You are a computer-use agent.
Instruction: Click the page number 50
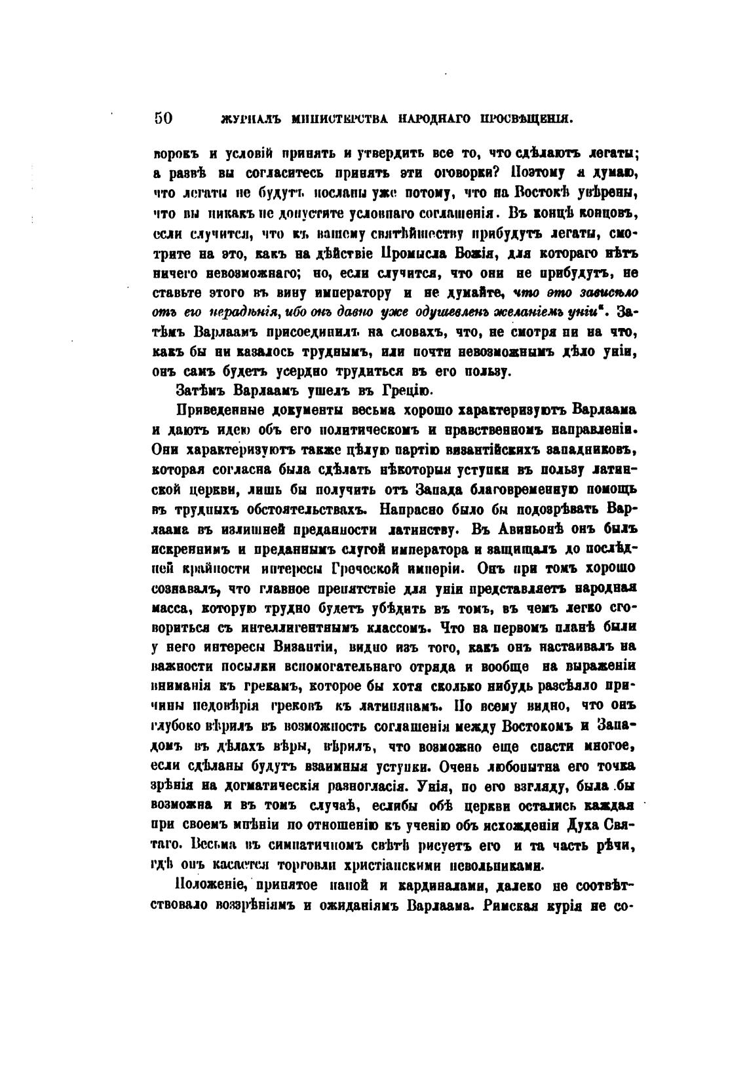click(x=163, y=118)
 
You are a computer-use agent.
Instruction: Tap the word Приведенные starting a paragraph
click(x=218, y=410)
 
